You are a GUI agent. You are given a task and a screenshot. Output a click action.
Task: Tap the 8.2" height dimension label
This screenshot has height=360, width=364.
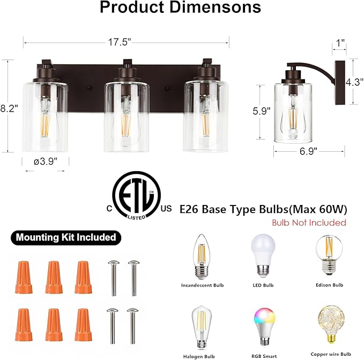(9, 108)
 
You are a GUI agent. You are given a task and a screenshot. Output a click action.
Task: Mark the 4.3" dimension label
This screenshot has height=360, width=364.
(354, 83)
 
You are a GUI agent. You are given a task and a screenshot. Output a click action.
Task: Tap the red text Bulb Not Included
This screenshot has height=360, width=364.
(309, 222)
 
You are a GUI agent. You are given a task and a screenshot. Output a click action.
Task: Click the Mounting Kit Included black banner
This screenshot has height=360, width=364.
(65, 237)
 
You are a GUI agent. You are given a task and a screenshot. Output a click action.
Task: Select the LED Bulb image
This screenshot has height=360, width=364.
(263, 255)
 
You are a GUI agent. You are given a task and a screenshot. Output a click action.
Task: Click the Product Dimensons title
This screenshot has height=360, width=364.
(181, 8)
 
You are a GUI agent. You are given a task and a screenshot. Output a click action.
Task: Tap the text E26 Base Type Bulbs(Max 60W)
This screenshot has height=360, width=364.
(263, 209)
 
